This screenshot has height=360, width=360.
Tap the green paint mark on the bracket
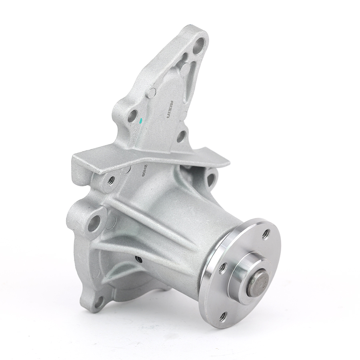click(141, 119)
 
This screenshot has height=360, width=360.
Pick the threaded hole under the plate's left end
click(110, 180)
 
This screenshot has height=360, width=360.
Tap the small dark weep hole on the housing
click(138, 260)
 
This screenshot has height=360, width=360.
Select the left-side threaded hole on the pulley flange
click(222, 267)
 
